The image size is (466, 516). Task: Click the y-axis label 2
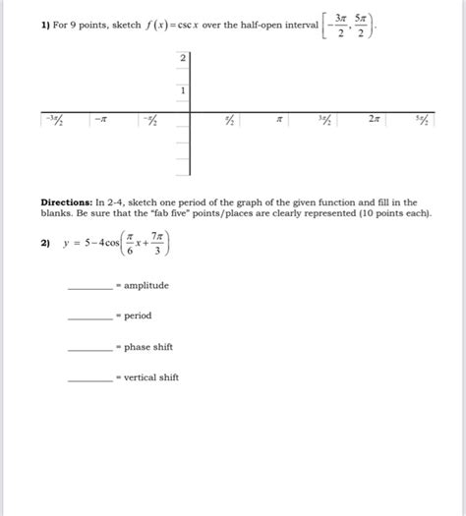point(183,59)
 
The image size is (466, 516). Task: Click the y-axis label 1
point(183,89)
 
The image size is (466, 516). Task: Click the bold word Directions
point(68,201)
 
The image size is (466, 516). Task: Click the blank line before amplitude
point(89,287)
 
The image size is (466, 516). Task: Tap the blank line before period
point(89,317)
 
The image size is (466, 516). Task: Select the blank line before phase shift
point(89,348)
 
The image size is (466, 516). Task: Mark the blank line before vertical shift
point(89,378)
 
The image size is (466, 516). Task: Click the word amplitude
point(146,285)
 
